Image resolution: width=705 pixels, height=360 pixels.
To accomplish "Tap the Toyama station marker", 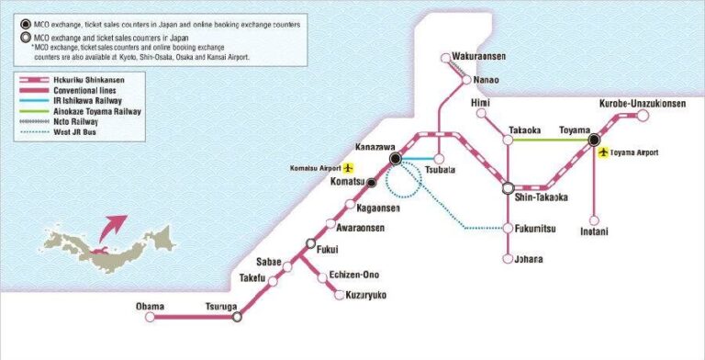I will (x=595, y=140).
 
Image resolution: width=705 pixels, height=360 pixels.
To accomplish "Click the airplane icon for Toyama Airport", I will (x=603, y=153).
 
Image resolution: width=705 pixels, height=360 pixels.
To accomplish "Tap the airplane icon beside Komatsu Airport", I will (x=348, y=169).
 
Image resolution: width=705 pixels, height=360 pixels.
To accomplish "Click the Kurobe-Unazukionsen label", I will (x=642, y=104).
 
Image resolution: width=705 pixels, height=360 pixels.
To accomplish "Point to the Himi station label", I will (x=480, y=103).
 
